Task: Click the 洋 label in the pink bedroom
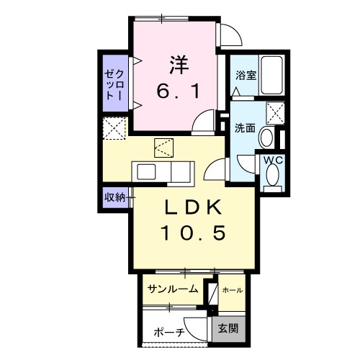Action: [179, 64]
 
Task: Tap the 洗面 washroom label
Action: [245, 128]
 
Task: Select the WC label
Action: [272, 160]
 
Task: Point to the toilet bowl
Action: [273, 175]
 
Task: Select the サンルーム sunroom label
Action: [172, 290]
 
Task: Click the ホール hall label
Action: [232, 290]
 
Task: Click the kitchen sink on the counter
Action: [147, 174]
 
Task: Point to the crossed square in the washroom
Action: [274, 112]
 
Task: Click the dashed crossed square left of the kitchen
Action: [114, 129]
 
